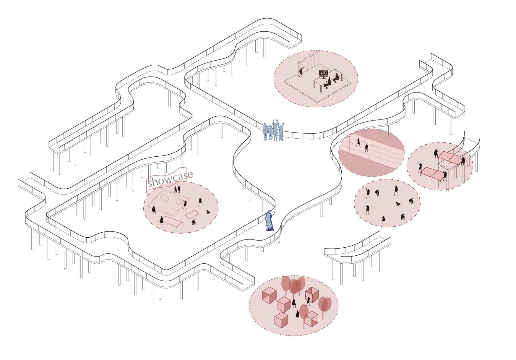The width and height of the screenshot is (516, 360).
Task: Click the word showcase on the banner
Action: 171,179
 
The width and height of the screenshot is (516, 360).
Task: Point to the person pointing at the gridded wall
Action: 301,72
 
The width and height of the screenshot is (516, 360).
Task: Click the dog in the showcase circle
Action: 208,212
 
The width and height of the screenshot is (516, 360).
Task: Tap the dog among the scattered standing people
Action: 398,204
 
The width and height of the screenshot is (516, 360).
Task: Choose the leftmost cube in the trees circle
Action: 269,295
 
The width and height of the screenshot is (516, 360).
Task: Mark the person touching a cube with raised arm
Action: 308,301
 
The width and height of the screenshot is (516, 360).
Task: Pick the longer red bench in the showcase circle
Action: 172,221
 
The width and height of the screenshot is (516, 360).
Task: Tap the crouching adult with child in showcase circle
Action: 194,222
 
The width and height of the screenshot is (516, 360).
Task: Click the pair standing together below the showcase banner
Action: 177,189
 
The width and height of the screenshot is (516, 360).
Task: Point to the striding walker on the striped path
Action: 358,142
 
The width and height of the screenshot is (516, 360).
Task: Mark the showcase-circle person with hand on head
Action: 200,202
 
